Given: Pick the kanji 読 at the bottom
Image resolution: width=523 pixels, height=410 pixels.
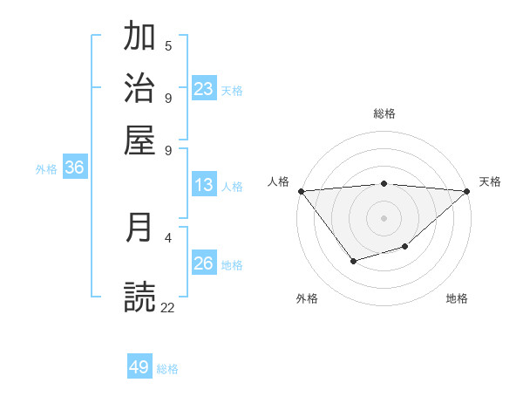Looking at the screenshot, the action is pyautogui.click(x=139, y=297).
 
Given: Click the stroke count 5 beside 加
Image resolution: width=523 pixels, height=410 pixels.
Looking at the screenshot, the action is pyautogui.click(x=168, y=45).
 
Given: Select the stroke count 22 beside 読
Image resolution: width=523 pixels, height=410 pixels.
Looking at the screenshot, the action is pyautogui.click(x=168, y=307).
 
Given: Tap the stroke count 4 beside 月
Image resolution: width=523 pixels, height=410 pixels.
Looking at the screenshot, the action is pyautogui.click(x=168, y=236).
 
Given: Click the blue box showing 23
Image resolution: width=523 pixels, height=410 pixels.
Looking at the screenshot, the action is pyautogui.click(x=204, y=89).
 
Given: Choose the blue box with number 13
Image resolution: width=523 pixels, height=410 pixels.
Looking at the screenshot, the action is pyautogui.click(x=204, y=185).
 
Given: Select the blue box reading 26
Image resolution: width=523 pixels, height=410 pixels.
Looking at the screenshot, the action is pyautogui.click(x=204, y=263).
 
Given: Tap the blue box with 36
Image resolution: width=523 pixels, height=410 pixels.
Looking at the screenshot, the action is pyautogui.click(x=74, y=168).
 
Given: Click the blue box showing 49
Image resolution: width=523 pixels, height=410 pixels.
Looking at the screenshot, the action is pyautogui.click(x=139, y=367).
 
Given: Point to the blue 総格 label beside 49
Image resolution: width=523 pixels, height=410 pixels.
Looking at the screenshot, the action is pyautogui.click(x=167, y=369).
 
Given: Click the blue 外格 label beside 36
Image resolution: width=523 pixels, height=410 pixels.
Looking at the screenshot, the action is pyautogui.click(x=46, y=170).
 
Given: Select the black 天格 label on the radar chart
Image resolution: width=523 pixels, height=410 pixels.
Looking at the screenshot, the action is pyautogui.click(x=490, y=181).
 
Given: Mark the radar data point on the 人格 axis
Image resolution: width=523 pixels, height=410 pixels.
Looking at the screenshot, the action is pyautogui.click(x=301, y=191).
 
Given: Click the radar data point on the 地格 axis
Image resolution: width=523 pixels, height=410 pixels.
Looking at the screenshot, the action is pyautogui.click(x=405, y=247).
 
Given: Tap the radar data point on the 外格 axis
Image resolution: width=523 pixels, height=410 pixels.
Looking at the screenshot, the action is pyautogui.click(x=353, y=261).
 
